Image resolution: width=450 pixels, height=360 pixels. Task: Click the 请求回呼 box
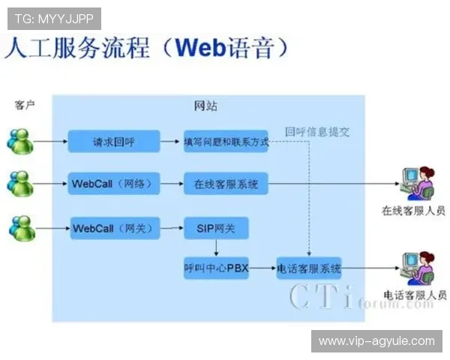114,141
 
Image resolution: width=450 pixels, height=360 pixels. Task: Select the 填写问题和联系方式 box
226,141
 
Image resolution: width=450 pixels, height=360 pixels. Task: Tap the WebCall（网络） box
114,183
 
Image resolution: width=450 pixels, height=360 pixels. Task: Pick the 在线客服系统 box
226,183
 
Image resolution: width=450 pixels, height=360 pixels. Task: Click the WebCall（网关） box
114,227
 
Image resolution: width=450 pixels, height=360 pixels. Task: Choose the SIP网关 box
215,227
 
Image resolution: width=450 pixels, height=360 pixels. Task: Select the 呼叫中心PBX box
215,267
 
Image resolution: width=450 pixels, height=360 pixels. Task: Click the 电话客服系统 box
309,267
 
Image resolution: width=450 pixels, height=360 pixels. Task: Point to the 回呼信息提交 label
316,132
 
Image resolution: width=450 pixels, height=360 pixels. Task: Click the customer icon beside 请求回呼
20,141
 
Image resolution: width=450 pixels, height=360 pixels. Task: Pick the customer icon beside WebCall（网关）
20,227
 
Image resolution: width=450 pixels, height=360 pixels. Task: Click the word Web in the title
200,49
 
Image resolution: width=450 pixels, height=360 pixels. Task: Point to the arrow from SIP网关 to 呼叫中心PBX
215,247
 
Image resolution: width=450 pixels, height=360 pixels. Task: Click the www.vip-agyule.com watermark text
376,341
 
